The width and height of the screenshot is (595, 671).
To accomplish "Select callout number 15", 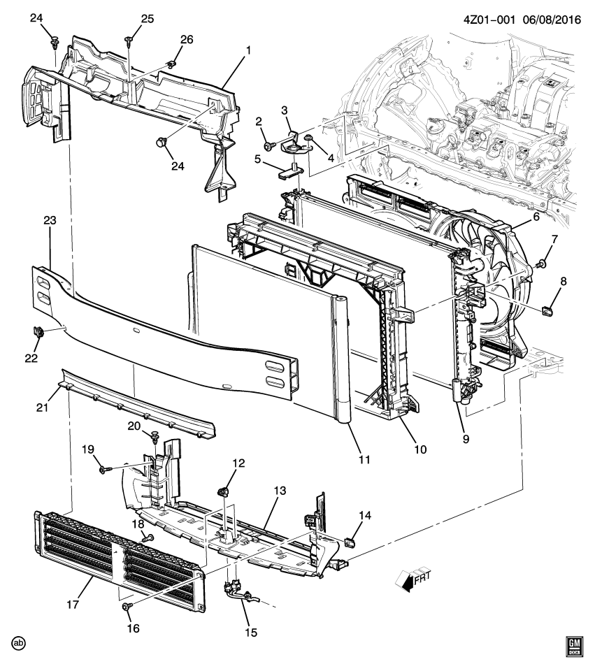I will click(250, 632).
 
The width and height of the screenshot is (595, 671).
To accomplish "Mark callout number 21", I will click(41, 406).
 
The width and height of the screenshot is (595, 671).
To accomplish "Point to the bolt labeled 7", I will click(541, 264).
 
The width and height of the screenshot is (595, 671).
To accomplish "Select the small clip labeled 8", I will click(549, 306).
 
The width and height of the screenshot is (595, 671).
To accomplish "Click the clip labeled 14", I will click(352, 540).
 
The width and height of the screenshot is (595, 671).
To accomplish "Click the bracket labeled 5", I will click(288, 170).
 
